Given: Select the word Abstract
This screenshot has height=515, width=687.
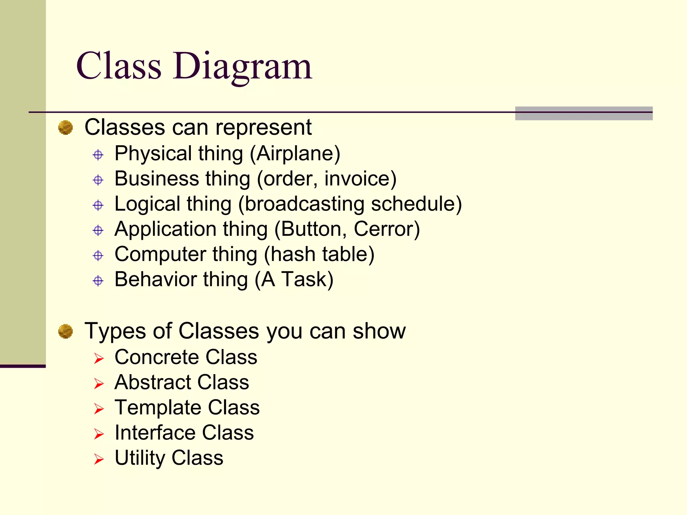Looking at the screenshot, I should pos(153,382).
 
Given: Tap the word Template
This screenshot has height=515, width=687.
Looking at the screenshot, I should pos(158,407).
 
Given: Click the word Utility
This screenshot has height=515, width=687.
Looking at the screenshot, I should pos(140,458).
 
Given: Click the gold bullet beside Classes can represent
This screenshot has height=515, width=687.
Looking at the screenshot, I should pos(65,128).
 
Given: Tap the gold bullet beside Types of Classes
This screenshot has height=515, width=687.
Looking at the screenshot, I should pos(65,331).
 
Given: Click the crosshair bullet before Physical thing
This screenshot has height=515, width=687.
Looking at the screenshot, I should pos(98,155).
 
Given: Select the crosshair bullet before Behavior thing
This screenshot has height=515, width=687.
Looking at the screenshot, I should pos(98,281).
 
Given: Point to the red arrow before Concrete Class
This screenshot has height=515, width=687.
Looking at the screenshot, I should pos(99,358).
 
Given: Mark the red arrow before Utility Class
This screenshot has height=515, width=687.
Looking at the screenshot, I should pos(99,459).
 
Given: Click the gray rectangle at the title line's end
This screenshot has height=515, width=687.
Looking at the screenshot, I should pos(584,113).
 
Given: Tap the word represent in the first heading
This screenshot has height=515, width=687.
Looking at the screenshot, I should pos(263,127).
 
